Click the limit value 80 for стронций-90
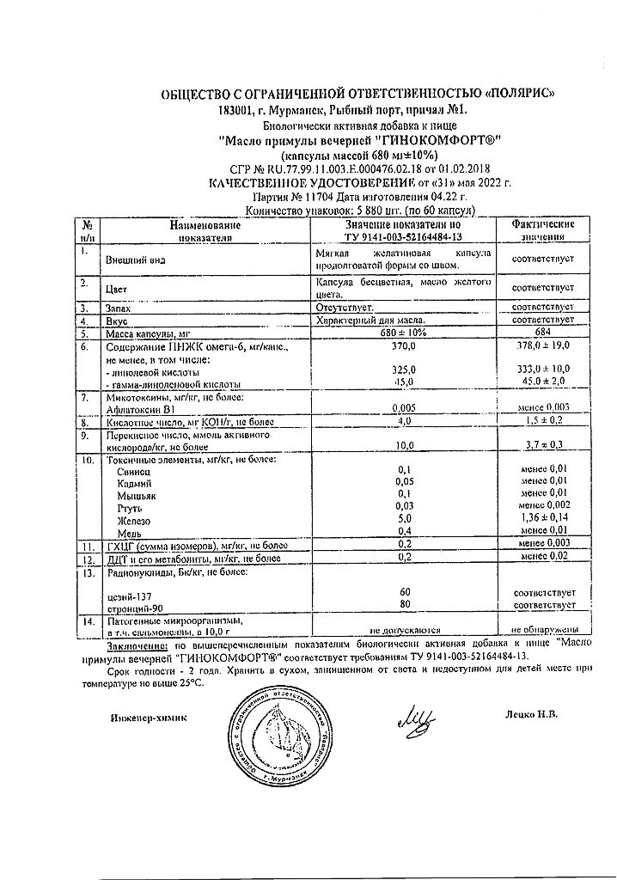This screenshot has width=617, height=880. coord(404,604)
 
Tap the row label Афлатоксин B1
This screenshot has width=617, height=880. coord(137,411)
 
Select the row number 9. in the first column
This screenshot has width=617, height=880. coord(86,436)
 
